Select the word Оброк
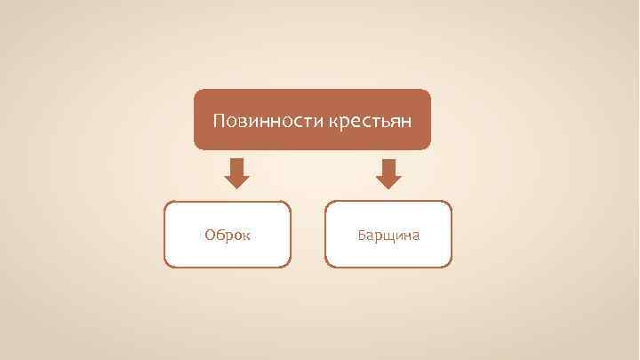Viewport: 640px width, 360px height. click(228, 236)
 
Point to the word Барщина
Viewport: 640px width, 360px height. click(388, 236)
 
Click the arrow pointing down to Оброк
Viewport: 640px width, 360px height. click(236, 173)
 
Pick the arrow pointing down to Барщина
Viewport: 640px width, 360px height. click(388, 173)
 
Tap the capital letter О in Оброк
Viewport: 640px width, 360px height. click(210, 236)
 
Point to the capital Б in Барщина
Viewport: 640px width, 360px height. click(362, 236)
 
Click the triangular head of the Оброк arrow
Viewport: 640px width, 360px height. click(236, 180)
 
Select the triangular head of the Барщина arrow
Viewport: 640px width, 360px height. click(388, 180)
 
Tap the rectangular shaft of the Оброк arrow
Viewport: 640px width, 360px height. click(236, 165)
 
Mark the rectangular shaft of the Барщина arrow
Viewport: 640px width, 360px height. click(388, 165)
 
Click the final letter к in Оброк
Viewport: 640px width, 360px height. click(246, 236)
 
